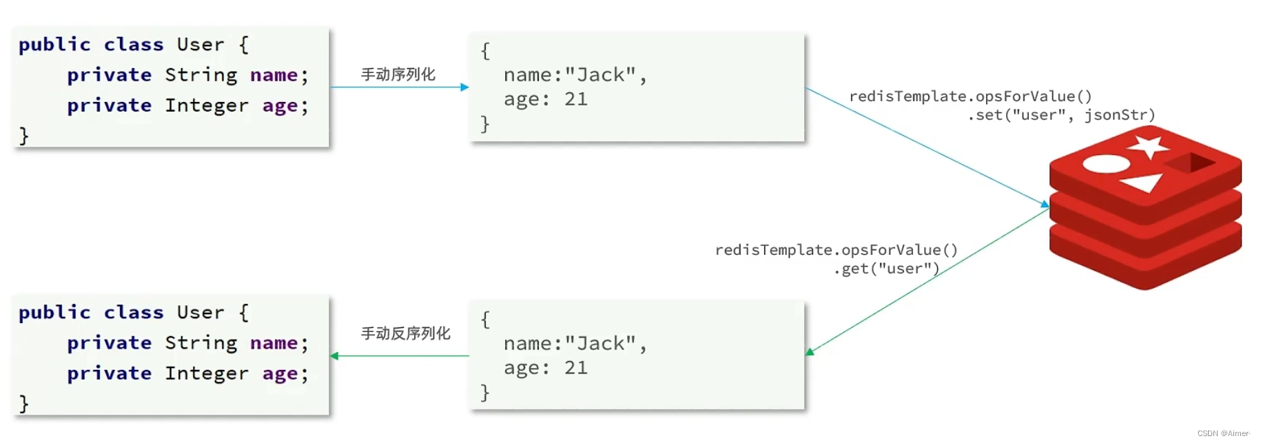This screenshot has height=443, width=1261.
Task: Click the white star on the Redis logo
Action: click(1147, 146)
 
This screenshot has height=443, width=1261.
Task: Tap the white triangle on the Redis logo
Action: click(1143, 183)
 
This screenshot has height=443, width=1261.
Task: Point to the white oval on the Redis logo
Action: click(1106, 164)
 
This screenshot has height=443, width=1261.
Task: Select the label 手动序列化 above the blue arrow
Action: click(398, 74)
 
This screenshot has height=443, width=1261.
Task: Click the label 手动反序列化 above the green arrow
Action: click(405, 333)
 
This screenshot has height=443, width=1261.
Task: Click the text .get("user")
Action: click(887, 269)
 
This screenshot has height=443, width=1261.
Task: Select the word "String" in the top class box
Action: click(201, 75)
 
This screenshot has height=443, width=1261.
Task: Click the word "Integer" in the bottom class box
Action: click(206, 373)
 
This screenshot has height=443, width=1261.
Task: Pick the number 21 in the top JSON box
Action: click(575, 99)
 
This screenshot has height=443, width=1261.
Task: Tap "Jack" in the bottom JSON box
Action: click(600, 343)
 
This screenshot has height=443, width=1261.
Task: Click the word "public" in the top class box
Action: click(54, 45)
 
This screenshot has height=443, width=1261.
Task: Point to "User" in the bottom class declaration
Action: click(201, 313)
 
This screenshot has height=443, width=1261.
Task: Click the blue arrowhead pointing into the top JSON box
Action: click(465, 87)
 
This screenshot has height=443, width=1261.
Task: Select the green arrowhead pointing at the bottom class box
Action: click(334, 356)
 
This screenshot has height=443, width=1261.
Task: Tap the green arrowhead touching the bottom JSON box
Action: click(810, 352)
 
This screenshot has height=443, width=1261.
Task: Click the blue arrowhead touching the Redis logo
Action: click(1045, 204)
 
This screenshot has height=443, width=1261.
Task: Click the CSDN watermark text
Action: click(1223, 433)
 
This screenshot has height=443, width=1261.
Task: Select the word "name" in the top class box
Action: click(274, 75)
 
